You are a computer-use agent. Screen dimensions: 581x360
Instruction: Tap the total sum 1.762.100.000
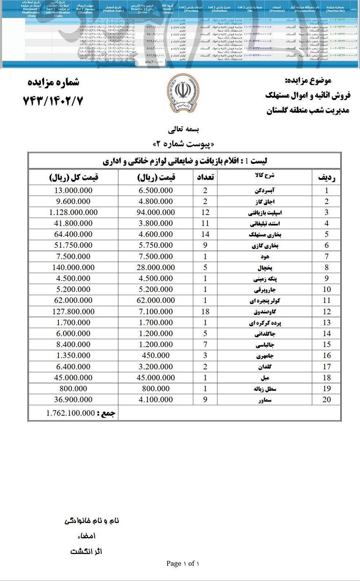point(70,413)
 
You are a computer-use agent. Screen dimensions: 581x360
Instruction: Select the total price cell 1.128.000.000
point(73,212)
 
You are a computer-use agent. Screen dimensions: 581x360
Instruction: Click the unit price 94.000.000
point(156,212)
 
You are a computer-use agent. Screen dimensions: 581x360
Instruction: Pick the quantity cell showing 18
point(205,311)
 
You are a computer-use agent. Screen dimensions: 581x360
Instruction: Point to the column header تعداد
point(205,177)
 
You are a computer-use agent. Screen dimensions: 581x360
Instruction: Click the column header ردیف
point(326,177)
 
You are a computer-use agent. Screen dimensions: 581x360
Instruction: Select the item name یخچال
point(265,268)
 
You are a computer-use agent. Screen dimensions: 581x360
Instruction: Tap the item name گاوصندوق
point(265,312)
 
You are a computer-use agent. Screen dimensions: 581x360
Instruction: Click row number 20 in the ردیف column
point(326,400)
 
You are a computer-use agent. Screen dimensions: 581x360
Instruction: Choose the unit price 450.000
point(156,355)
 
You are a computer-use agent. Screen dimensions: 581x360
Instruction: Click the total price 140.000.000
point(73,268)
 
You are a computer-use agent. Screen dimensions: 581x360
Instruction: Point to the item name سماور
point(265,400)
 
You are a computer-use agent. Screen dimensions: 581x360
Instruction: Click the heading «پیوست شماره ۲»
point(183,144)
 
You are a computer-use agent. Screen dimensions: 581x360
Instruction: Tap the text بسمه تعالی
point(183,129)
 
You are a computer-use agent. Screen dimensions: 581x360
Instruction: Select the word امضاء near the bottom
point(87,536)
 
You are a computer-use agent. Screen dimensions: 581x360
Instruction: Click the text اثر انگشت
point(86,551)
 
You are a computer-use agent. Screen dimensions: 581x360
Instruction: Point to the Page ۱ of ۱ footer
point(183,563)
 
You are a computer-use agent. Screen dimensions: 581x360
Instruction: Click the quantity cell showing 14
point(205,234)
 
